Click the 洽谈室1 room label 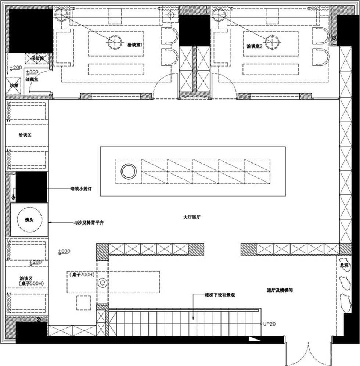(x=134, y=44)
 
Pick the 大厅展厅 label (x=191, y=217)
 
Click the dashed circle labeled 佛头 (x=29, y=220)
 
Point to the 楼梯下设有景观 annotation (x=220, y=295)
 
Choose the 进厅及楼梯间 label (x=280, y=290)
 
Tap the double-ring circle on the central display (x=129, y=171)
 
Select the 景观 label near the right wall (x=344, y=265)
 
